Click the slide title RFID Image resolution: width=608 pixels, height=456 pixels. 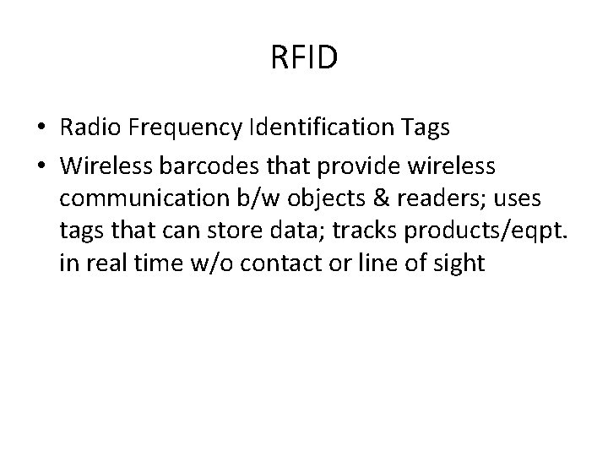304,58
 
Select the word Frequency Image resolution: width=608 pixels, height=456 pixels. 185,128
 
